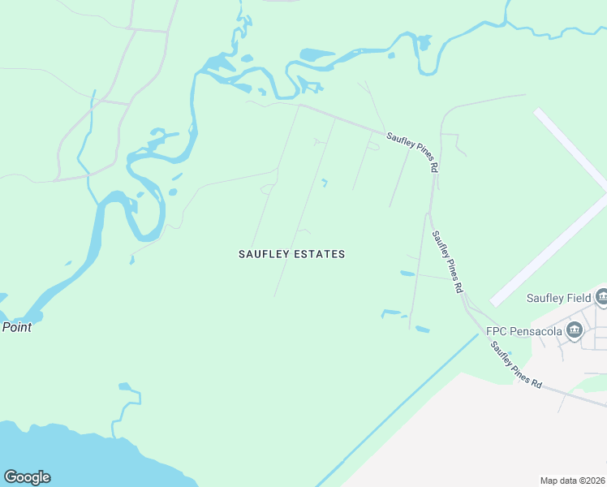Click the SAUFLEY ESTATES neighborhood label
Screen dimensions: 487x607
tap(291, 254)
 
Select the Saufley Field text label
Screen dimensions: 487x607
tap(558, 298)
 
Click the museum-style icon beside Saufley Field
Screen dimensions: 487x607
tap(601, 297)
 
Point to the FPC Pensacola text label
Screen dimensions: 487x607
tap(523, 331)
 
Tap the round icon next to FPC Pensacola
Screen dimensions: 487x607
tap(575, 330)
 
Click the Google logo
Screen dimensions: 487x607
tap(27, 477)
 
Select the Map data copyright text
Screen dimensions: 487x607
tap(573, 481)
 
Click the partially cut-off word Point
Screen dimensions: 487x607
tap(16, 327)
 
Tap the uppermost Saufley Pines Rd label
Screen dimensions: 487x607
tap(413, 152)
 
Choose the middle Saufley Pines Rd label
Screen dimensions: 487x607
tap(447, 261)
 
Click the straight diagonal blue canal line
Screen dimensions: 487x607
tap(398, 410)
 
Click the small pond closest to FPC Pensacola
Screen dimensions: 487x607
tap(422, 329)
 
